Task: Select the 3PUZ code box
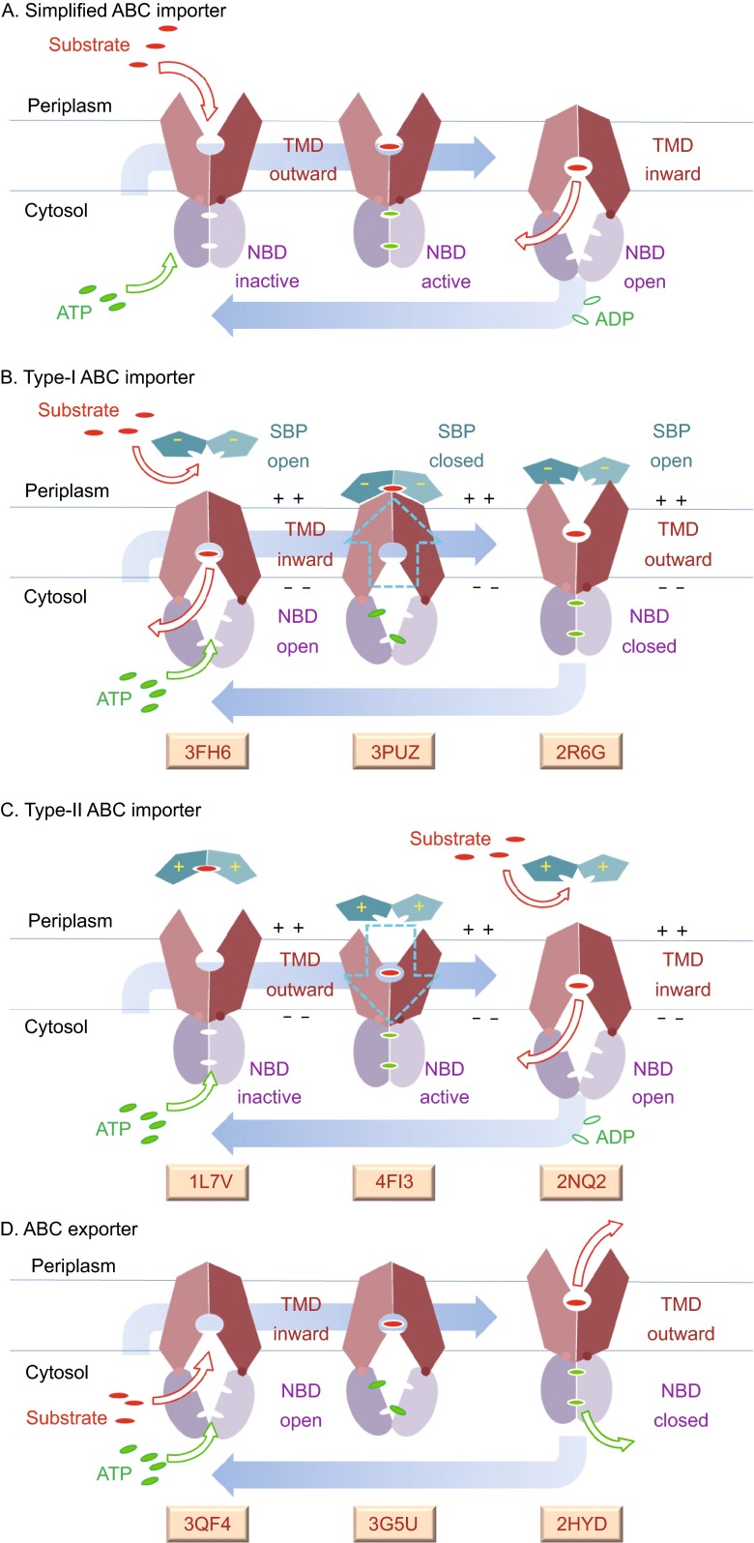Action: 394,751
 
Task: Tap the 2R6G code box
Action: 580,751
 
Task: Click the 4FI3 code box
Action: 394,1181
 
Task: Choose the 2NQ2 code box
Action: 580,1181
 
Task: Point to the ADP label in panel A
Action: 614,318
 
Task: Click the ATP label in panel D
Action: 113,1473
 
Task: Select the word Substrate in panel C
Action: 449,839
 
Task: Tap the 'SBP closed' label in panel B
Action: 455,446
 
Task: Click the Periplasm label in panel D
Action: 72,1265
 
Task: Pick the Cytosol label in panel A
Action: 56,210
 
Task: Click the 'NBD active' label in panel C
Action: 445,1083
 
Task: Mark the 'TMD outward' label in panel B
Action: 678,544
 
